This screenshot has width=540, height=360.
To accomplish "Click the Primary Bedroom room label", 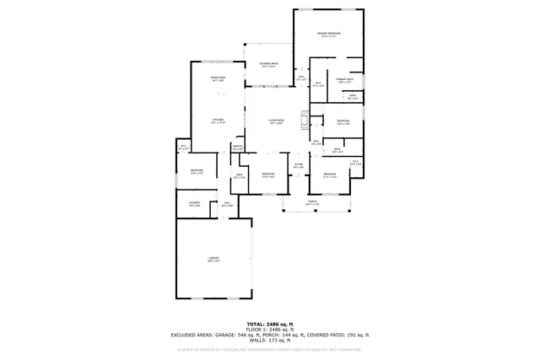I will tap(328, 35).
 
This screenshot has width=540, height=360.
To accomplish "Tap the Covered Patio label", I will tap(269, 65).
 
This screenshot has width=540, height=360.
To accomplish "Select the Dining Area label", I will tap(217, 79).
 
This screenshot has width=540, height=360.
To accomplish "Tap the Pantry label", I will tap(237, 148).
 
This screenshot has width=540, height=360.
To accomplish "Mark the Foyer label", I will tap(298, 166).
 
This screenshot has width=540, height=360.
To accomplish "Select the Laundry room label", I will tap(193, 204).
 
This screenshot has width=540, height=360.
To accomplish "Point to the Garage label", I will tap(213, 259).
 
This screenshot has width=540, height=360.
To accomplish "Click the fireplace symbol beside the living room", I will tap(305, 117).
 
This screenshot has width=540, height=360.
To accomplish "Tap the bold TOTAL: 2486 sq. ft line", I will tap(270, 324).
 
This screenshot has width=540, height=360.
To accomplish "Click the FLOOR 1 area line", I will tap(270, 330).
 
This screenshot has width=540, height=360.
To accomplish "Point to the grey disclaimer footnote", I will tap(270, 348).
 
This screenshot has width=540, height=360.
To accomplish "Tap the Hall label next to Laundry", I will tap(227, 204).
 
